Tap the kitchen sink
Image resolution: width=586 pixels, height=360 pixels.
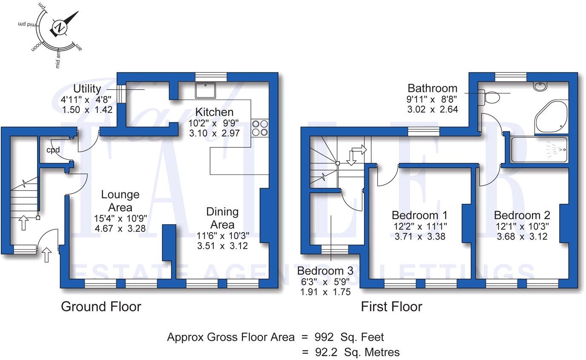[206, 91]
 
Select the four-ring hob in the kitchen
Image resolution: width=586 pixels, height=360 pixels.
[260, 128]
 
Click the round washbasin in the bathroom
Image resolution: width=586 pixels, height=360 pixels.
[540, 86]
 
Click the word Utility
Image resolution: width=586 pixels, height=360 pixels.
[87, 89]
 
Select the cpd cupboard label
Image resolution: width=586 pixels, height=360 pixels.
[53, 150]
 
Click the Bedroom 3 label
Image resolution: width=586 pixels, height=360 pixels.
[325, 271]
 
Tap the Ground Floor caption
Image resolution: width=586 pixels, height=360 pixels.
[101, 306]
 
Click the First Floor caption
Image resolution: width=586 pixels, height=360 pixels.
[392, 306]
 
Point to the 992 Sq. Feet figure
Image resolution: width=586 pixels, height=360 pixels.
[349, 337]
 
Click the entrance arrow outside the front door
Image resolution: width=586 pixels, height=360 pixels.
[47, 256]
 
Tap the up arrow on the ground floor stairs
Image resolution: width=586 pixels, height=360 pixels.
[23, 222]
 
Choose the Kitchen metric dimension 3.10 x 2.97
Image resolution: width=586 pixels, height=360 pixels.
[214, 133]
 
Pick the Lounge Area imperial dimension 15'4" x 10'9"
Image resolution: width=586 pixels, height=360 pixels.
[120, 219]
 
